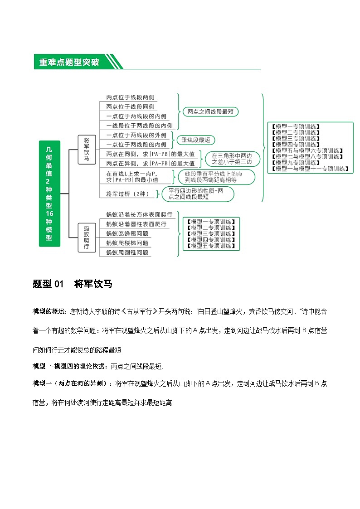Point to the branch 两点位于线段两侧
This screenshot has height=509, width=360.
click(x=131, y=97)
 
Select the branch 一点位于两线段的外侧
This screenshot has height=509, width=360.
click(x=136, y=135)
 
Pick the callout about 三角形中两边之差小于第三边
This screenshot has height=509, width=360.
click(x=233, y=159)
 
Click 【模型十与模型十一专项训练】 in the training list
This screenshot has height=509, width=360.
click(x=309, y=169)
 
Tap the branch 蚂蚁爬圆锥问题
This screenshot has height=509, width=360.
click(x=127, y=252)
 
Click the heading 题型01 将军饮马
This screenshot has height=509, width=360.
click(x=73, y=284)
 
